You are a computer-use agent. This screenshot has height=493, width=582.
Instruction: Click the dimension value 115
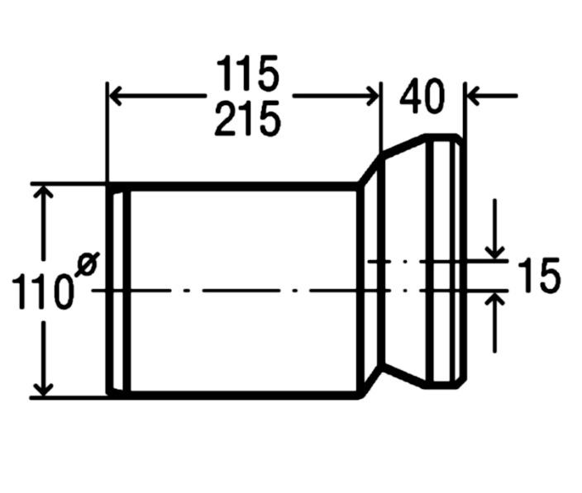(x=247, y=73)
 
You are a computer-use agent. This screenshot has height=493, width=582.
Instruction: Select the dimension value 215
(x=247, y=120)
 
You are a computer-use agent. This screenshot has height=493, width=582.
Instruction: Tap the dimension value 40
(x=422, y=97)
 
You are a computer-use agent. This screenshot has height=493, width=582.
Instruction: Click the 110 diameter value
(x=41, y=292)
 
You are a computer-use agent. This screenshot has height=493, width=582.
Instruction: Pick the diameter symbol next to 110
(x=87, y=264)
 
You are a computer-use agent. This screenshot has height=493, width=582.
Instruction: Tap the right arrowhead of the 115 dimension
(x=373, y=96)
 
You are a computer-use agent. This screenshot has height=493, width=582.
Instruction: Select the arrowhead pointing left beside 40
(x=473, y=96)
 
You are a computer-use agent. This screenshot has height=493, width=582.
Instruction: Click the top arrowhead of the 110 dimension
(x=45, y=192)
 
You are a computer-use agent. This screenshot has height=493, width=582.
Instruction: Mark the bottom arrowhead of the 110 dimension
(x=45, y=390)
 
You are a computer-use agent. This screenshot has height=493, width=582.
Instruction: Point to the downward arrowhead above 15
(x=494, y=253)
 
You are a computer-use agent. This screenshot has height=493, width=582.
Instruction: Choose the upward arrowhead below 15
(x=494, y=299)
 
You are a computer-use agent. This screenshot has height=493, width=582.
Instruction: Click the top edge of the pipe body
(x=233, y=187)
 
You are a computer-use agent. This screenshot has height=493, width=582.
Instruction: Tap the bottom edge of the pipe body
(x=233, y=395)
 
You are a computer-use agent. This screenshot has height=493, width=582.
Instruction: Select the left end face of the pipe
(x=109, y=291)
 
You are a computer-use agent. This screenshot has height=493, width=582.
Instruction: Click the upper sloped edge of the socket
(x=403, y=145)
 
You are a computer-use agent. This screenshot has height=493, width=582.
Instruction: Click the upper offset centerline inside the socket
(x=438, y=261)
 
